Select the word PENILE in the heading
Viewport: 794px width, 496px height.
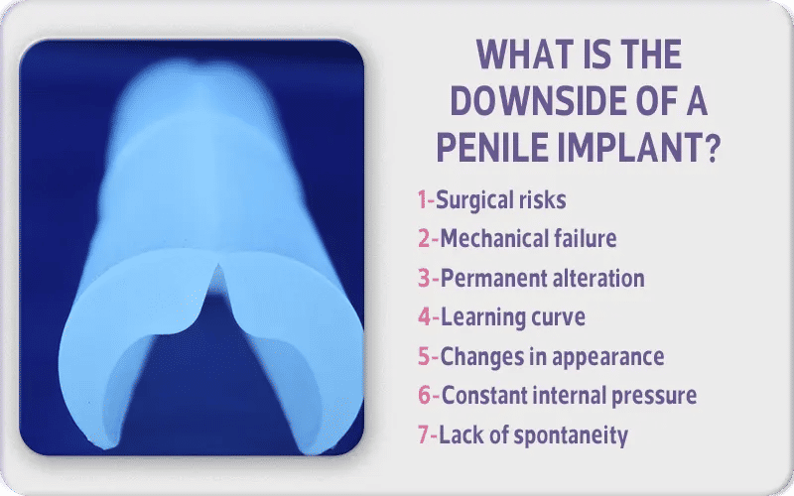coord(499,150)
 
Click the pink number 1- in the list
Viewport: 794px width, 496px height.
coord(426,200)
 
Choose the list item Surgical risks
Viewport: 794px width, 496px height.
coord(501,200)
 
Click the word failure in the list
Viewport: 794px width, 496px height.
coord(585,239)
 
